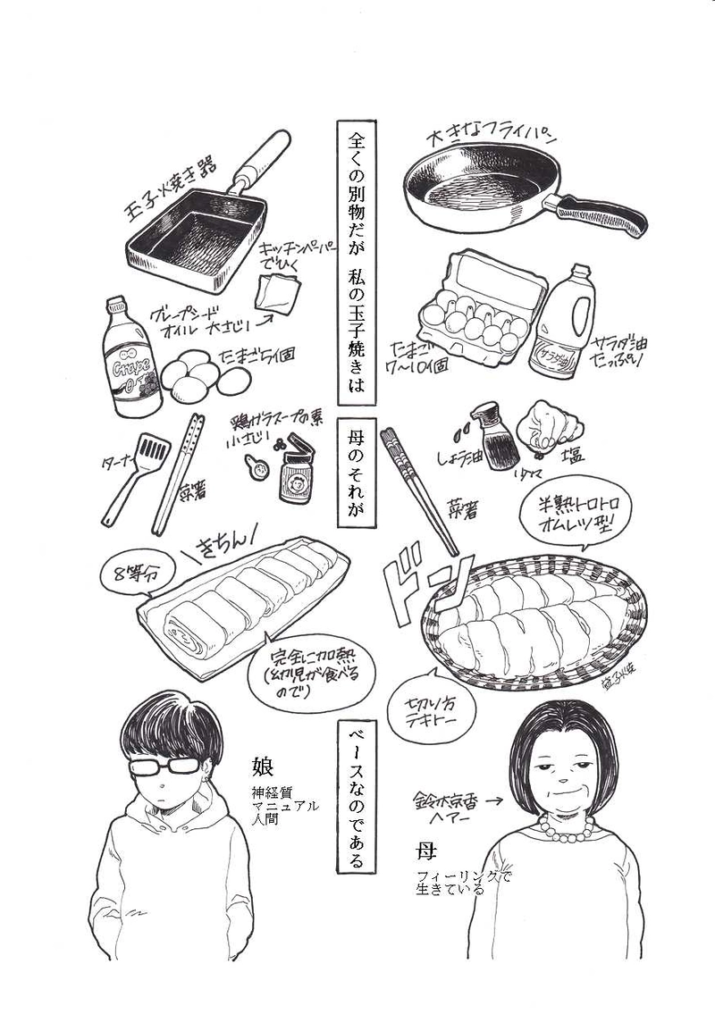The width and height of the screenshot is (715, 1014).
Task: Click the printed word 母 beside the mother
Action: (x=425, y=848)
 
